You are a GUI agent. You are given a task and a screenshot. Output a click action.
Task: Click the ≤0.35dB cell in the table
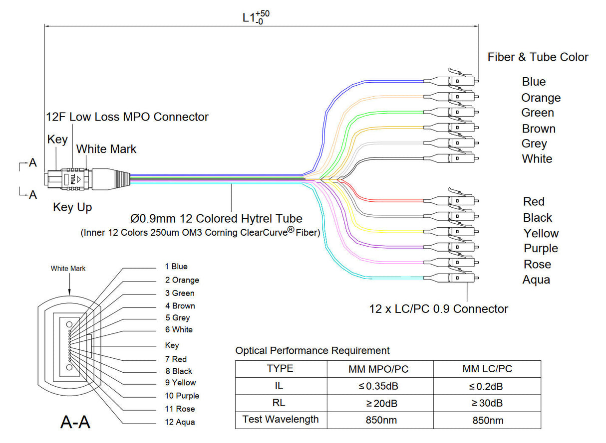tap(380, 386)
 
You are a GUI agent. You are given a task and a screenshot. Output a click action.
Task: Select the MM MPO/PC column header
tap(380, 369)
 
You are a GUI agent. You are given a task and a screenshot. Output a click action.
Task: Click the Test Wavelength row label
tap(280, 419)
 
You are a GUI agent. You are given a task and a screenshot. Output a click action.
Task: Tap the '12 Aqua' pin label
tap(180, 422)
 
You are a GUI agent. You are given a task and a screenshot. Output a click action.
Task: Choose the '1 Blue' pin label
tap(176, 267)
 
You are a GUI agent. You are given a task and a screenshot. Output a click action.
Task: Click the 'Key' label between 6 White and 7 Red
tap(172, 345)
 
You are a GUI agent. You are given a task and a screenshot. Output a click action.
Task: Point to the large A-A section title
tap(75, 422)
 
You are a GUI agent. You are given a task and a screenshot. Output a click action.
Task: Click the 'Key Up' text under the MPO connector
tap(72, 207)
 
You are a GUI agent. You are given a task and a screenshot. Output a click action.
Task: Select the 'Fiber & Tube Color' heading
tap(538, 57)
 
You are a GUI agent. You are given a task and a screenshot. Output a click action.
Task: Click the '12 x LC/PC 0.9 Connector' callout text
tap(438, 309)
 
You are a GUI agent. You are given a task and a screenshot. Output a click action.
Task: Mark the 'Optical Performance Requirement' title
tap(312, 351)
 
